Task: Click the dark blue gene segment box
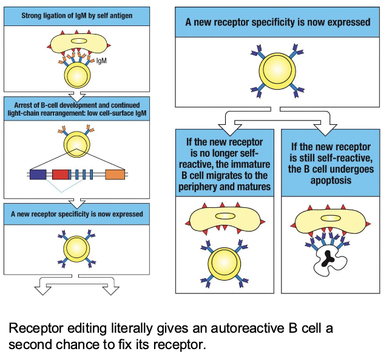(38, 175)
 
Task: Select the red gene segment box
(61, 175)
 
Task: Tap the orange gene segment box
(115, 175)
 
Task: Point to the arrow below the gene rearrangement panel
(77, 202)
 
